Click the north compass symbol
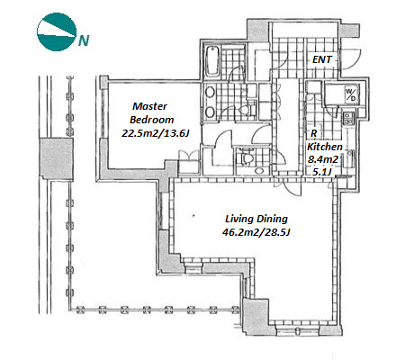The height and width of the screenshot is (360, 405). (x=56, y=31)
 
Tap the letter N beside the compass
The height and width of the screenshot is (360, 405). (x=84, y=40)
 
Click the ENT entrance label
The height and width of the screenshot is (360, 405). (x=322, y=59)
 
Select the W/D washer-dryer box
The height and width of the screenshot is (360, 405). (x=351, y=94)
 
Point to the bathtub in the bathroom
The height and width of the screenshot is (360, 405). (x=212, y=61)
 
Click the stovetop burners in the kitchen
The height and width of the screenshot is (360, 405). (x=348, y=117)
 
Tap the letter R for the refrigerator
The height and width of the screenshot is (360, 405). (x=314, y=133)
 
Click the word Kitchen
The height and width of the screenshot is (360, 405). (x=325, y=147)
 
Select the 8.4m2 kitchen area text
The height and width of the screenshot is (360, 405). (x=323, y=159)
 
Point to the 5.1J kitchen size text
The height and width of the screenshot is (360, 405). (x=322, y=172)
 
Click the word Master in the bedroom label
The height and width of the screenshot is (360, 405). (x=149, y=106)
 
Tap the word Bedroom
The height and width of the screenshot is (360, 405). (x=152, y=120)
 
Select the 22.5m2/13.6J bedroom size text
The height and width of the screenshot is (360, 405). (x=155, y=133)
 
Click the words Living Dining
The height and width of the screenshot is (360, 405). (x=256, y=219)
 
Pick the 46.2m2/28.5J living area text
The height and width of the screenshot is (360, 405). (x=256, y=232)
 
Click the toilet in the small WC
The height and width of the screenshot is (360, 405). (x=247, y=157)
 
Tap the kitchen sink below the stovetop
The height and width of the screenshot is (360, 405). (x=349, y=158)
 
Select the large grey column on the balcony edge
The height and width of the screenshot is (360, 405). (x=57, y=159)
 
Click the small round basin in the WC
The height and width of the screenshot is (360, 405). (x=259, y=171)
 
